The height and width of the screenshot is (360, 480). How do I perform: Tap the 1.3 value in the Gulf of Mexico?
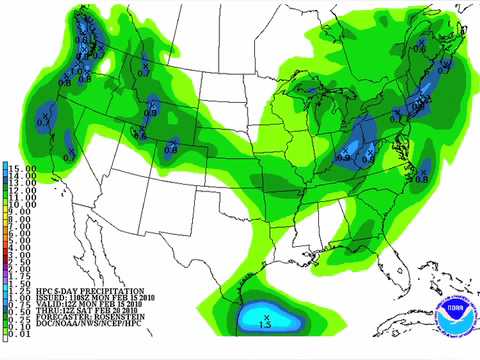(266, 324)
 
